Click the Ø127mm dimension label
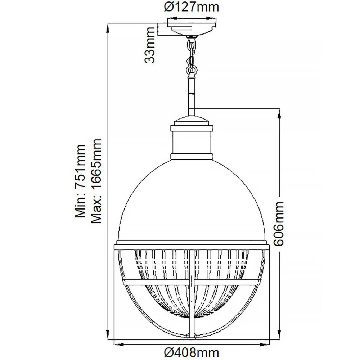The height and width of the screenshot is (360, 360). click(192, 7)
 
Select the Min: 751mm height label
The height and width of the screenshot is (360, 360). click(80, 181)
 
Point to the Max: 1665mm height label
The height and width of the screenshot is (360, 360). click(96, 181)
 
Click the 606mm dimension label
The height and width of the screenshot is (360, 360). click(279, 224)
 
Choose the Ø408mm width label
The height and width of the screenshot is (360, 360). click(192, 352)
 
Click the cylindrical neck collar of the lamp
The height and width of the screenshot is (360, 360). click(192, 142)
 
